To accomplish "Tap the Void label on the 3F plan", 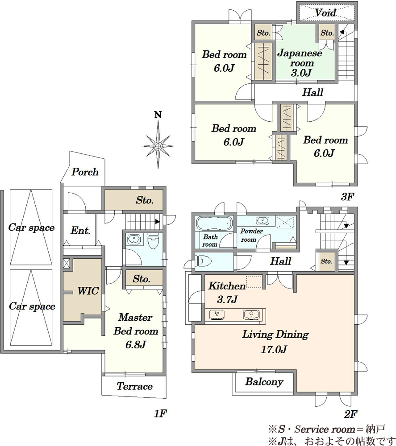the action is point(325,12).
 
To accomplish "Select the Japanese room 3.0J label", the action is point(300,63).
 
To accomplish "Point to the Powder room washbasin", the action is point(262,220).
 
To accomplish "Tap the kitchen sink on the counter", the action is point(251,315).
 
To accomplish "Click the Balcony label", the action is point(264,382).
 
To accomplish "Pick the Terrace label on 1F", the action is point(134,386).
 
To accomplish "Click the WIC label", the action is point(88,291).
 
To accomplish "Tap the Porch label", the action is point(85,172).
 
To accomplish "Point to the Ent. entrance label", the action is point(80,230).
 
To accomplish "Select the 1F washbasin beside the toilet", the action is point(133,240).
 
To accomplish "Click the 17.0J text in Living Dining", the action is point(273,349).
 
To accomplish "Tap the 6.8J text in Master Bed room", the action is point(136,345).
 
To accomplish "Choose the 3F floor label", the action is point(347,196).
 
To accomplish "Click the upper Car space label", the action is point(31,227).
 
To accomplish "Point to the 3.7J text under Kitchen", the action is point(227,299).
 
